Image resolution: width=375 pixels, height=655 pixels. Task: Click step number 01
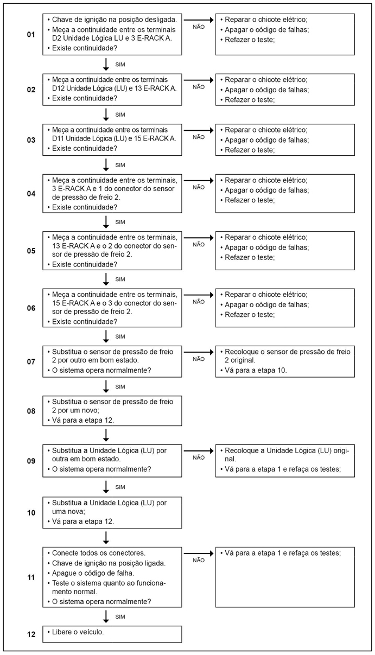(x=31, y=35)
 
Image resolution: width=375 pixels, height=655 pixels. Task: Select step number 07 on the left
(x=31, y=361)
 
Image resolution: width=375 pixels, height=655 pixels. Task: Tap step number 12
(x=31, y=633)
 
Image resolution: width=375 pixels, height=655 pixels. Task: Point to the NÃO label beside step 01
(x=199, y=27)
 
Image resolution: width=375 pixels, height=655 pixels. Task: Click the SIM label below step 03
(x=120, y=165)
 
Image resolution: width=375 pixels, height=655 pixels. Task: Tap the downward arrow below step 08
(x=106, y=434)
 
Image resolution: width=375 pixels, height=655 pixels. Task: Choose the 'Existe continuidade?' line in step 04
(x=85, y=207)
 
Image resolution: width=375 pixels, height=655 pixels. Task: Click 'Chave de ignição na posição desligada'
(x=114, y=19)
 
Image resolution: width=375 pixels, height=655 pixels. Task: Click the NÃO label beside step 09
(x=199, y=457)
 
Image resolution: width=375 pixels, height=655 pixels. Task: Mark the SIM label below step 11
(x=120, y=616)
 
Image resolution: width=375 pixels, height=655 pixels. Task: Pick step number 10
(x=31, y=512)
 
